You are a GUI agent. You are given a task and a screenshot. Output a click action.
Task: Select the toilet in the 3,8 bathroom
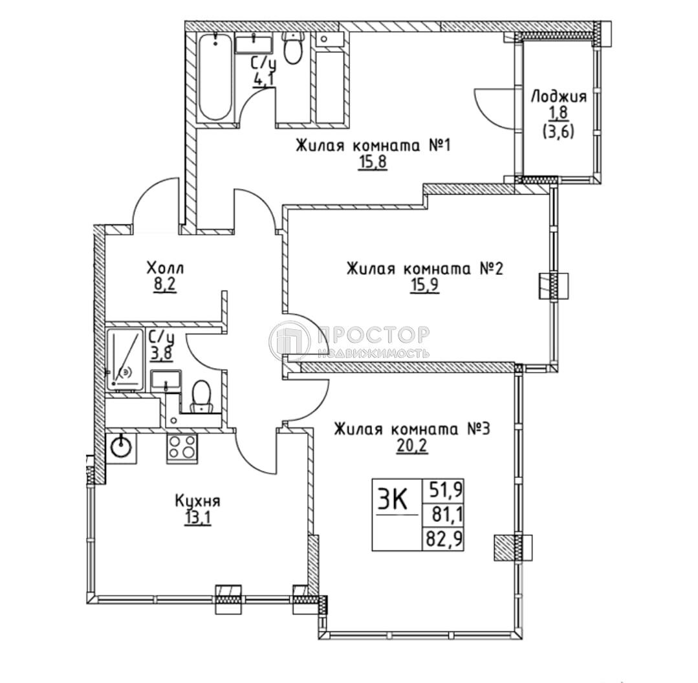[x=202, y=395]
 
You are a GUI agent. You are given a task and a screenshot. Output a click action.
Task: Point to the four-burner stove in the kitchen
[x=182, y=447]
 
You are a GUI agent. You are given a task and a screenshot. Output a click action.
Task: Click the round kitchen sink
[x=121, y=446]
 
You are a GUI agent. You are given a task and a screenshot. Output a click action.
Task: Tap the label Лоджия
[x=558, y=97]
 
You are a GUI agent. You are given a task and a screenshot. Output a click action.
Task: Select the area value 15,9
[x=424, y=286]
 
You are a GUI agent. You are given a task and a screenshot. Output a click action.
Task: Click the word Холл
[x=165, y=267]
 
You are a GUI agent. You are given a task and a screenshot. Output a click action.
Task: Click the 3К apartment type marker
[x=392, y=499]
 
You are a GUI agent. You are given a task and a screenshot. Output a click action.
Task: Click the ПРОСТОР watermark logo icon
[x=290, y=341]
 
